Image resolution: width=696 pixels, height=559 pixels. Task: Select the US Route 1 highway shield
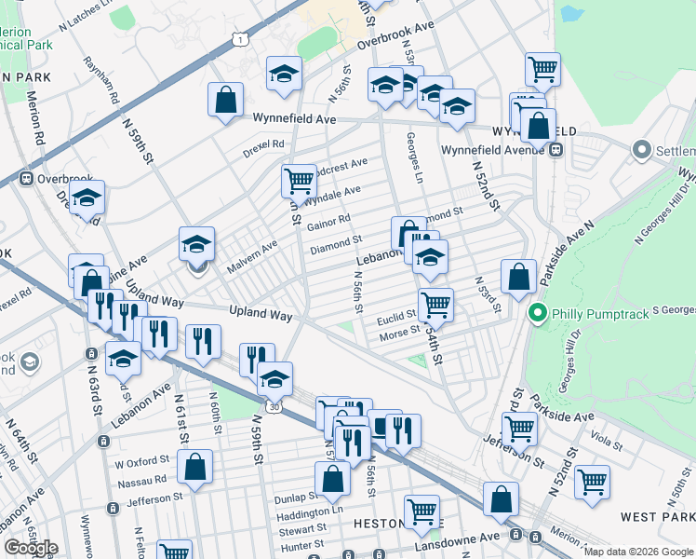pyautogui.click(x=240, y=37)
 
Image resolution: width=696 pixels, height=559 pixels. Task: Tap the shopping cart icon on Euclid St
pyautogui.click(x=435, y=304)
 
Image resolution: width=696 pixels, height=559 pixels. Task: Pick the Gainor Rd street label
pyautogui.click(x=328, y=223)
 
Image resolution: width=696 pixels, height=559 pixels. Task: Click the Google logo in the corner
pyautogui.click(x=31, y=548)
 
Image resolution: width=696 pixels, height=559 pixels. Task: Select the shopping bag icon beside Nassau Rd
pyautogui.click(x=194, y=468)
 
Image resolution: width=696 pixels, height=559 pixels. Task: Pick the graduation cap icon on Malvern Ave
pyautogui.click(x=197, y=244)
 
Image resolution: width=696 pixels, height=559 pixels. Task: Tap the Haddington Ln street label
pyautogui.click(x=311, y=512)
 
